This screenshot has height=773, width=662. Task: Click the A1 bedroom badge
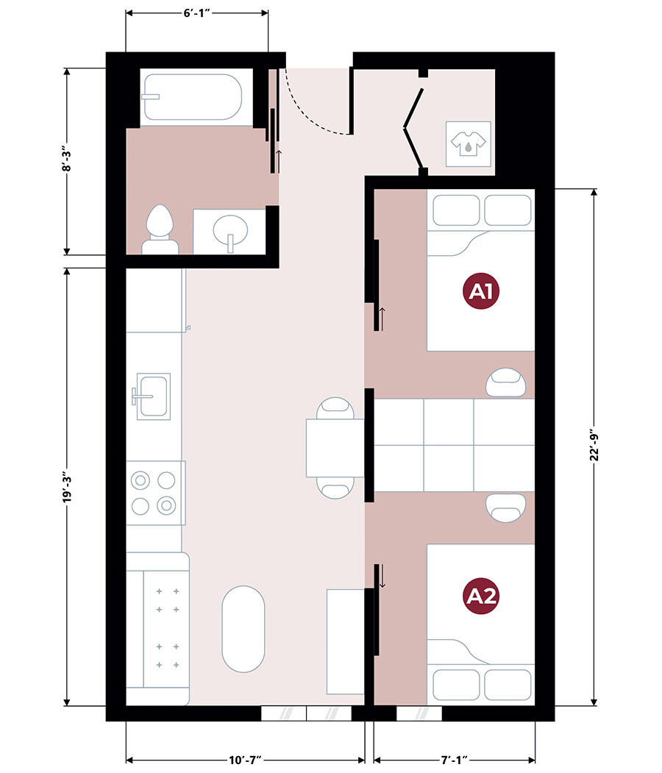(x=480, y=291)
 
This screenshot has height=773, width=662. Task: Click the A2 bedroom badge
(x=480, y=596)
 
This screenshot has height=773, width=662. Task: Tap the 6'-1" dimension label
(x=197, y=13)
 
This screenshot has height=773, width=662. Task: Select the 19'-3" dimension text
(x=67, y=488)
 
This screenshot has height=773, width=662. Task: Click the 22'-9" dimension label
(x=594, y=446)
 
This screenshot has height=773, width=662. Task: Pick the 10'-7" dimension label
(x=245, y=760)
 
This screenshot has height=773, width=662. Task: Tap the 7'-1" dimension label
(x=454, y=760)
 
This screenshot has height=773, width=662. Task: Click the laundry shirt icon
(x=469, y=143)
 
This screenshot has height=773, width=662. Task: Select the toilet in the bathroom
(x=160, y=229)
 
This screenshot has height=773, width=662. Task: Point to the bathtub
(x=192, y=97)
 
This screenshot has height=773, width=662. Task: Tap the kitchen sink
(x=153, y=396)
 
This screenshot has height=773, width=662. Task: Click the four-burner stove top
(x=155, y=493)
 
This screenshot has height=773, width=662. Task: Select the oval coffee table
(x=243, y=629)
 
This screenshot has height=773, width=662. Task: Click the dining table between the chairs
(x=335, y=448)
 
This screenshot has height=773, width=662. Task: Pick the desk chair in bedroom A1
(x=505, y=382)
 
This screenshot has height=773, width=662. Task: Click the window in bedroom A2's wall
(x=419, y=713)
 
